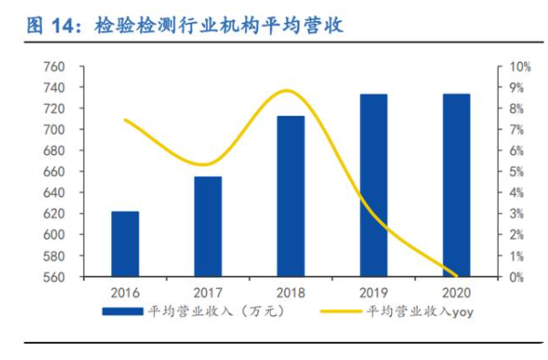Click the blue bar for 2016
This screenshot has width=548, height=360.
125,243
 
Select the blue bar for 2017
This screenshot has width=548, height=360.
208,226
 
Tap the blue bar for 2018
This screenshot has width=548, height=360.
290,196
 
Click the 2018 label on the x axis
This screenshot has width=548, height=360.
290,293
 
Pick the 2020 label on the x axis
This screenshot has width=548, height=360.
456,293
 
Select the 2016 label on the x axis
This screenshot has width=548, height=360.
125,293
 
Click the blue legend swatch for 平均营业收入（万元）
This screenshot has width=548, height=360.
122,312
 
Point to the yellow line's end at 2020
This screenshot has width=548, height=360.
456,275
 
